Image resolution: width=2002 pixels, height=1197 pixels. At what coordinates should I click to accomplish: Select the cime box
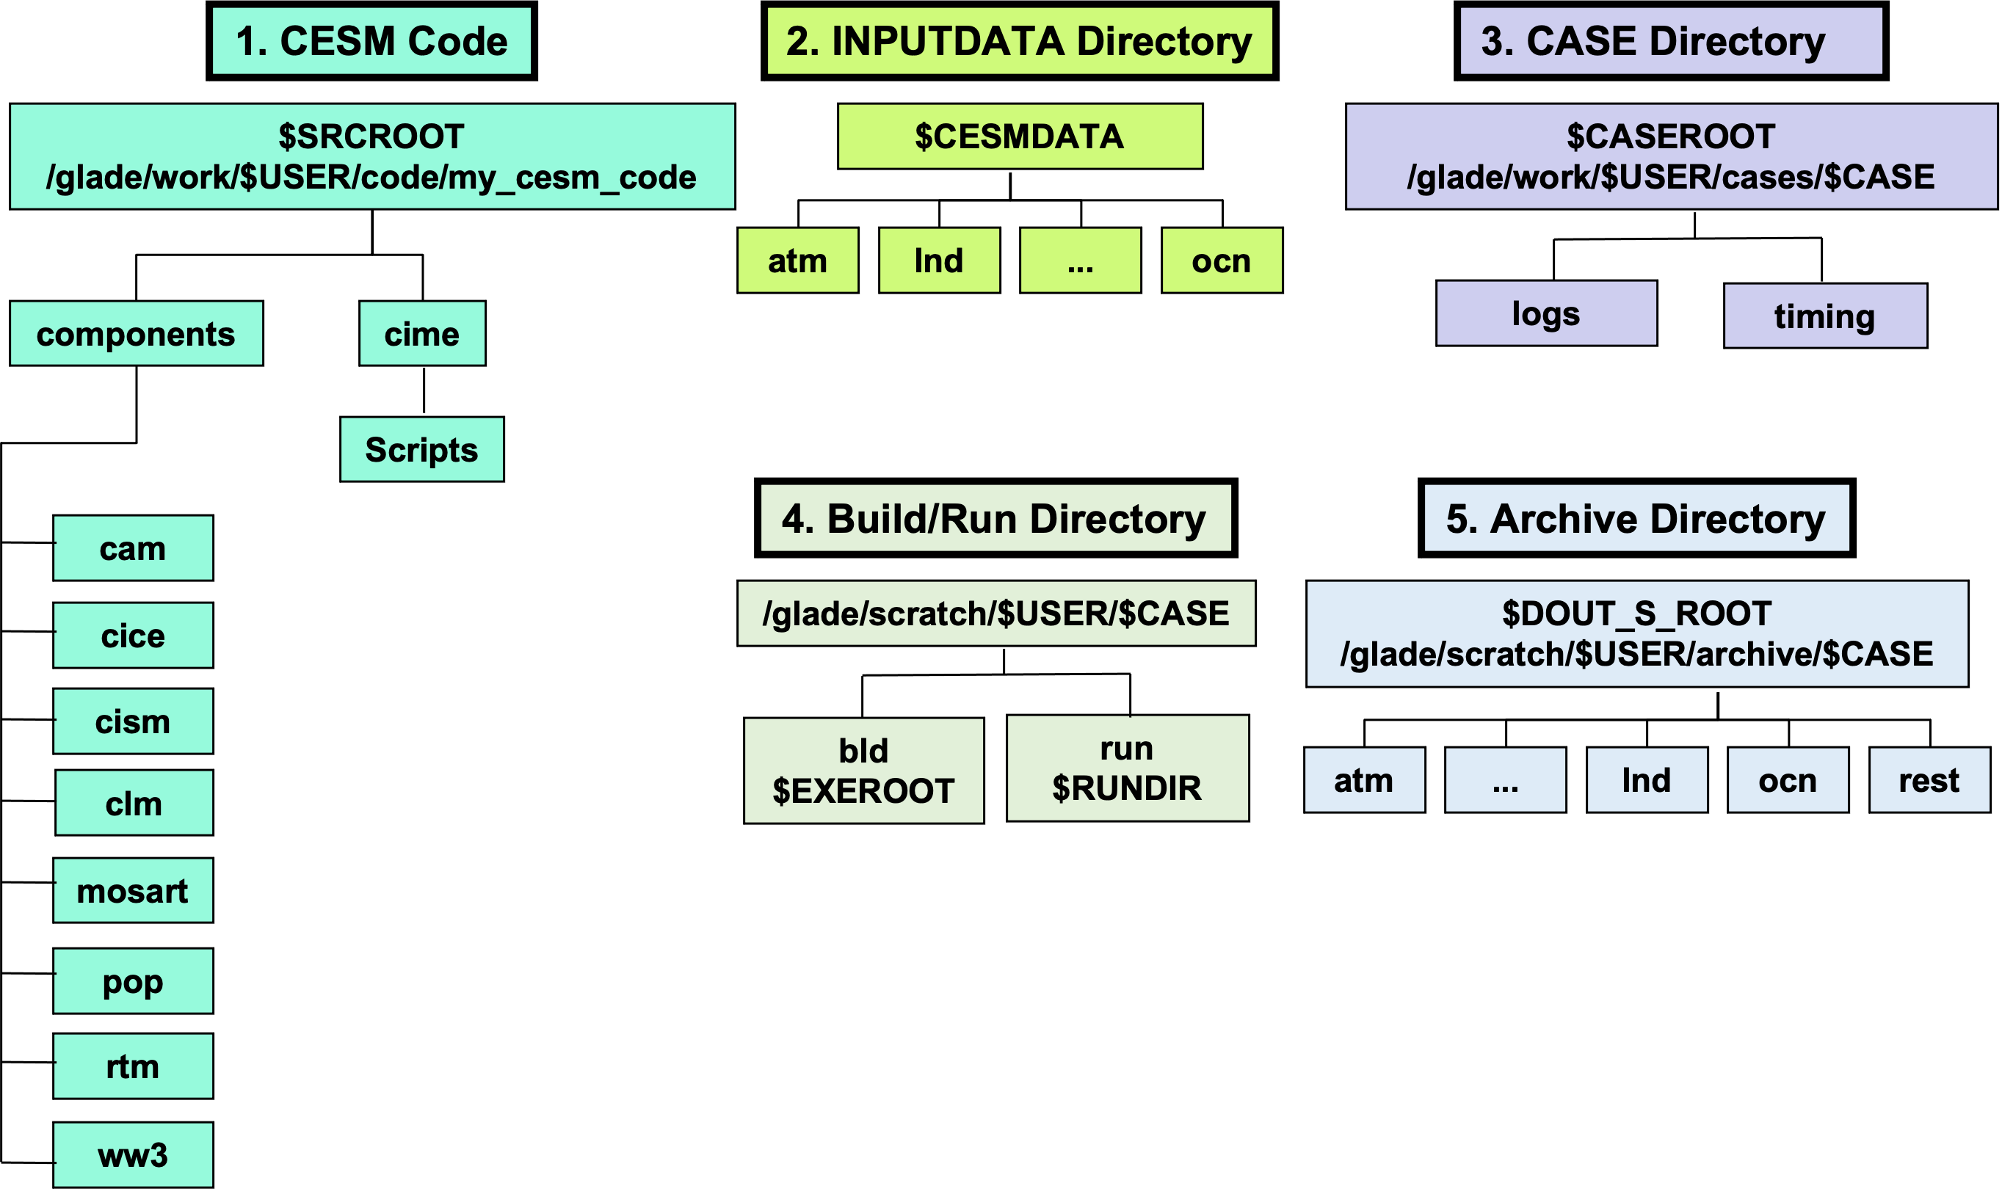tap(422, 334)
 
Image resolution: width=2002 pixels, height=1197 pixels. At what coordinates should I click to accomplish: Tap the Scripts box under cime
tap(422, 449)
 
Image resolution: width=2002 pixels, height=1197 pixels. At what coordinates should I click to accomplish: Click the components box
tap(137, 334)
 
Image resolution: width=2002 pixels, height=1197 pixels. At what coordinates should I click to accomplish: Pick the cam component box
tap(133, 548)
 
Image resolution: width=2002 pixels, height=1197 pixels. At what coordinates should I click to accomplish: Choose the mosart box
tap(133, 890)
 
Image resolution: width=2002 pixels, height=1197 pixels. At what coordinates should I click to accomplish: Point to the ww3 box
tap(133, 1155)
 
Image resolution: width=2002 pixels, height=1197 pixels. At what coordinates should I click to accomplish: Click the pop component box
tap(133, 980)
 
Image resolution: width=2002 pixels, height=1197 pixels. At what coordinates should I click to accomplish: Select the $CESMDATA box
tap(1020, 137)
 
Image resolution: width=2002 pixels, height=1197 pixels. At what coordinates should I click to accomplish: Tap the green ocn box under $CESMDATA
tap(1221, 261)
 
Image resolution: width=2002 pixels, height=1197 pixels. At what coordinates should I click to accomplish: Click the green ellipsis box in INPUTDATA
tap(1080, 261)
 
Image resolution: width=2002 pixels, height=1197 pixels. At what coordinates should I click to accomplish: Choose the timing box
tap(1825, 316)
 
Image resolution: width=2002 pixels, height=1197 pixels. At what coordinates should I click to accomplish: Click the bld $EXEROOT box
tap(863, 771)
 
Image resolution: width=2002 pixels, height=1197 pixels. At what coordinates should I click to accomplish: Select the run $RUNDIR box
tap(1128, 768)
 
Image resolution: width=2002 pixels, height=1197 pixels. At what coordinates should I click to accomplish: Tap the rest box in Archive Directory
tap(1929, 780)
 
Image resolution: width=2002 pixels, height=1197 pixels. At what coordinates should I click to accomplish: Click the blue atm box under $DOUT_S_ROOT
tap(1364, 780)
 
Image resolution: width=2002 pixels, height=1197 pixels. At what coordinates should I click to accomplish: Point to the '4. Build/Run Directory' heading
tap(995, 519)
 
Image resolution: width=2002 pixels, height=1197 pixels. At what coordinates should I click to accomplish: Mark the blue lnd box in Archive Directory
tap(1646, 780)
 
